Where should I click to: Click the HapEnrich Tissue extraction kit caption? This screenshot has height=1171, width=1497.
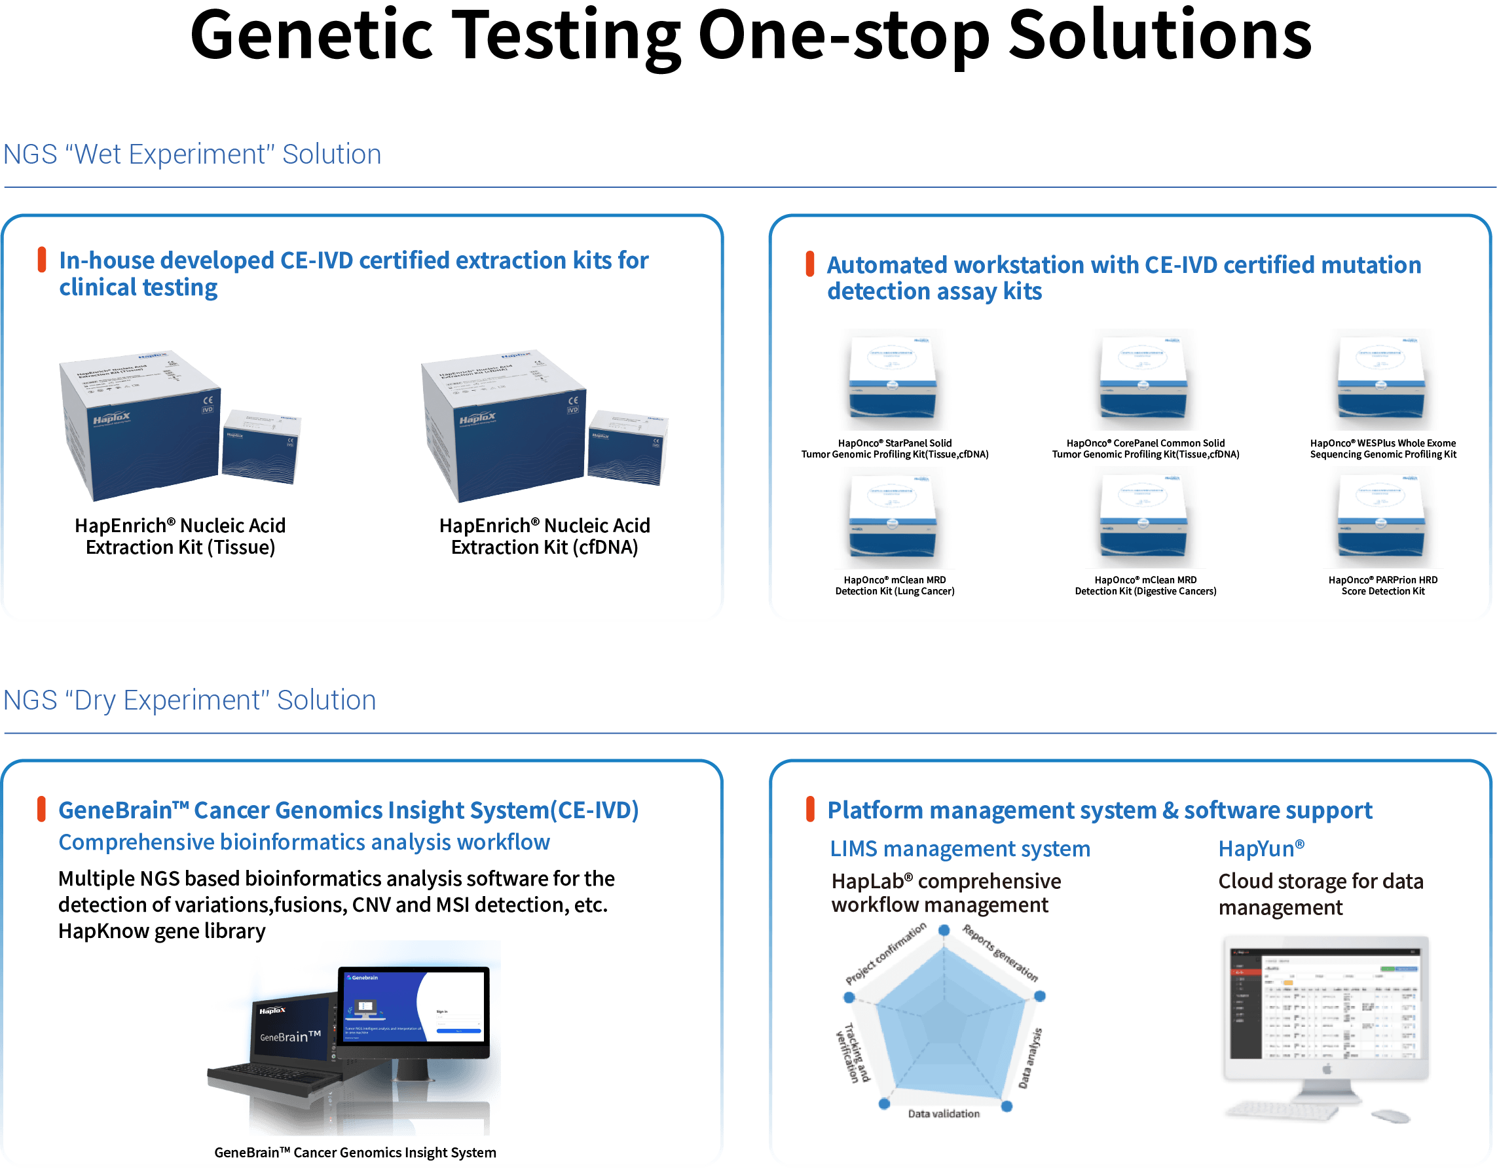click(x=179, y=536)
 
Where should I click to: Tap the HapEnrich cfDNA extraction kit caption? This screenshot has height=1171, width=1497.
click(x=544, y=536)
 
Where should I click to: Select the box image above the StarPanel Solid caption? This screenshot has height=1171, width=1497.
click(x=895, y=379)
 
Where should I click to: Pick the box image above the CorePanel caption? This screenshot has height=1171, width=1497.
click(x=1145, y=379)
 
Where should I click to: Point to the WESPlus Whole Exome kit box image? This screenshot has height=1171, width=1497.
click(x=1382, y=379)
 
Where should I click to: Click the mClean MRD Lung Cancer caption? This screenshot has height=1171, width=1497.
click(x=895, y=585)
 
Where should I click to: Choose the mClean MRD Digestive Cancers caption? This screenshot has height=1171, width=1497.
click(x=1145, y=585)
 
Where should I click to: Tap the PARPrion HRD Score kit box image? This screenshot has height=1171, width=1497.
click(x=1382, y=517)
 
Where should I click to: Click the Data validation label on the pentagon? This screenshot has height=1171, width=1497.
click(x=944, y=1113)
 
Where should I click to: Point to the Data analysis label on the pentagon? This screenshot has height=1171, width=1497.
click(x=1029, y=1058)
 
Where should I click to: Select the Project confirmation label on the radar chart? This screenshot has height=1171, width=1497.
click(x=885, y=953)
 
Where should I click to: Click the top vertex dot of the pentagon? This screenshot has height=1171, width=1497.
click(x=944, y=930)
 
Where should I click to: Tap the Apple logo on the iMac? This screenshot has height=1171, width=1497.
click(x=1326, y=1069)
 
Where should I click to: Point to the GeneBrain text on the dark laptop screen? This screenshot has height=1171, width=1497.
click(x=290, y=1036)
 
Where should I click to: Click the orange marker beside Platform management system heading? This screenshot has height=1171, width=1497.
click(x=810, y=810)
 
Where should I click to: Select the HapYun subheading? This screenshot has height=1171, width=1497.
click(x=1261, y=849)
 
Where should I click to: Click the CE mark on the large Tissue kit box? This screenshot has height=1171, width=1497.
click(x=208, y=400)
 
